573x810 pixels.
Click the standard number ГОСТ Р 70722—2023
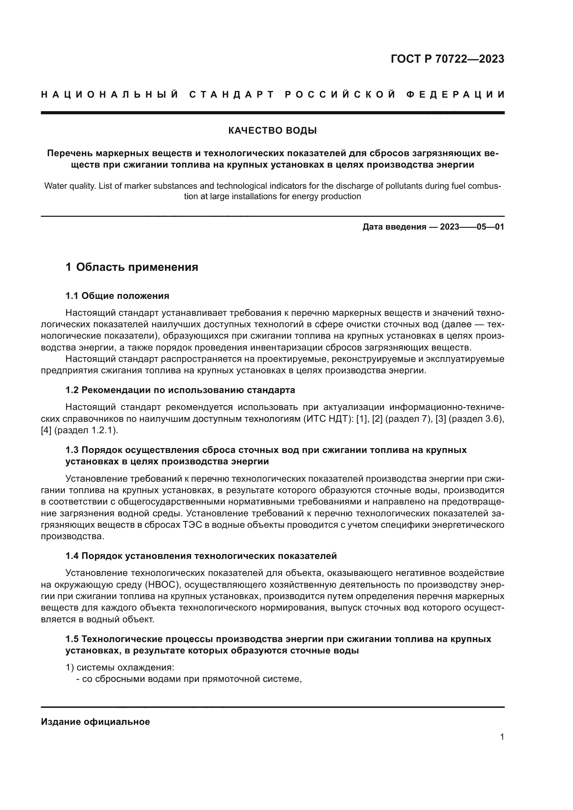(x=447, y=59)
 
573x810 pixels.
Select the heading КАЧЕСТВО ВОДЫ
(x=272, y=131)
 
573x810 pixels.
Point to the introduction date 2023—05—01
(x=472, y=227)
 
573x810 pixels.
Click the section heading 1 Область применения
(x=132, y=267)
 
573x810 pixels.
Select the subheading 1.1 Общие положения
(x=117, y=296)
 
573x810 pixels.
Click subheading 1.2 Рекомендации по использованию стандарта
(x=180, y=390)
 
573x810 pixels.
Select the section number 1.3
(x=72, y=450)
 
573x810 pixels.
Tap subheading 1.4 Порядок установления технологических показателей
(x=201, y=556)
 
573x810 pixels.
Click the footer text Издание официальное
(x=95, y=722)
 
